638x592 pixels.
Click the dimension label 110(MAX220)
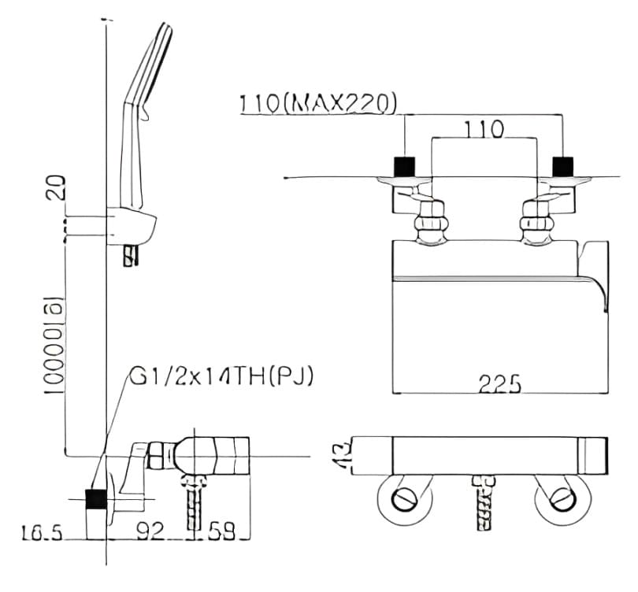pos(318,102)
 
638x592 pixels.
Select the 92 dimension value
pos(150,533)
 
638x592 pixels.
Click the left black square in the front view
pos(404,167)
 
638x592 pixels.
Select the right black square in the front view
pos(562,167)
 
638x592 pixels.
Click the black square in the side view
pos(96,498)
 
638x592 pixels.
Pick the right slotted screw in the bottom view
pos(562,498)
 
